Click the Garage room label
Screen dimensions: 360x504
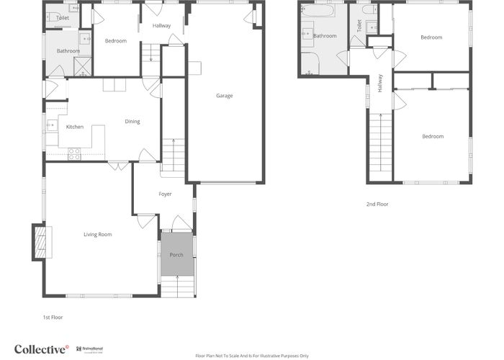[x=225, y=96]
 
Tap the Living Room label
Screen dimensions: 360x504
[x=98, y=234]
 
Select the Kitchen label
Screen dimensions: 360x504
[x=75, y=127]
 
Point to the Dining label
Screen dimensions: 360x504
[x=132, y=121]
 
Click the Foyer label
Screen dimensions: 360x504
[x=165, y=194]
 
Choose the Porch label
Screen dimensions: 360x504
[x=176, y=255]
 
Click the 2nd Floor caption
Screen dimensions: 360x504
[x=377, y=204]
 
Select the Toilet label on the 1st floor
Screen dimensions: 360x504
[x=63, y=17]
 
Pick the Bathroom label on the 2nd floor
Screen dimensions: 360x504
[x=325, y=35]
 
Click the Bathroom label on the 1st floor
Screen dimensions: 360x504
[x=68, y=51]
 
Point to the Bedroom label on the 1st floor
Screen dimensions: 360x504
[x=115, y=41]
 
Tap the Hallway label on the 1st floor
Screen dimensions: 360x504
[x=162, y=26]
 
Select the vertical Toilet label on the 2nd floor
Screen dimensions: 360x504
[x=359, y=25]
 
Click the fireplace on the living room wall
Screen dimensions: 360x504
[x=39, y=242]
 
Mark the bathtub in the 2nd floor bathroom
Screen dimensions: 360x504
[x=318, y=12]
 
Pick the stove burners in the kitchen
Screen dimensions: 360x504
[x=73, y=153]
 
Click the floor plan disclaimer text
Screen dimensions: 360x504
[x=251, y=356]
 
